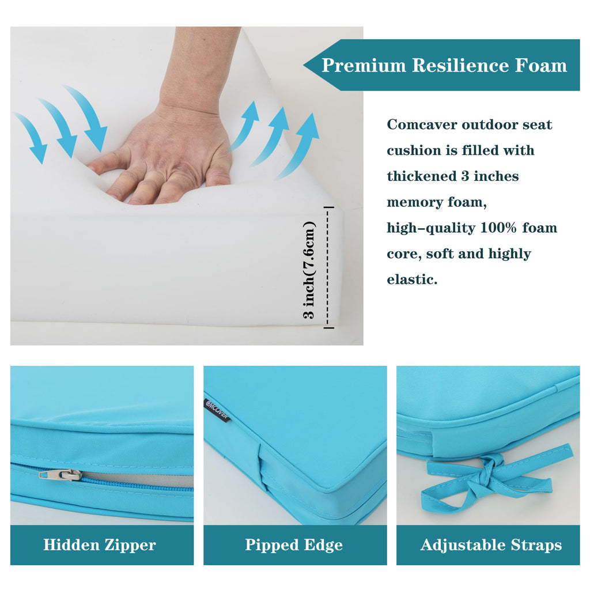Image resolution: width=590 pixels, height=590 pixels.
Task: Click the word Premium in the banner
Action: point(364,65)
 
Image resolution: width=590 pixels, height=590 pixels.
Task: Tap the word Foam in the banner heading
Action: point(540,65)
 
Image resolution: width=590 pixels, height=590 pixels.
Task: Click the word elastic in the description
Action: point(412,279)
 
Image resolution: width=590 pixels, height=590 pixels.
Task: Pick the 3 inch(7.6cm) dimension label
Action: point(309,270)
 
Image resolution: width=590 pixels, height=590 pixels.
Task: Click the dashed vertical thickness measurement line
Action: point(328,267)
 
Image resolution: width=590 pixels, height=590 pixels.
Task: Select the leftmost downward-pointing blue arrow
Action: point(32,138)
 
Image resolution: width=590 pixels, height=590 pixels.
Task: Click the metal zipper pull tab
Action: point(60,475)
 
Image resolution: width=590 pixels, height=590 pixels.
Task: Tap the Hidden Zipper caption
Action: point(100,545)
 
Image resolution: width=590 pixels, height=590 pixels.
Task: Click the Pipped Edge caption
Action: point(294,545)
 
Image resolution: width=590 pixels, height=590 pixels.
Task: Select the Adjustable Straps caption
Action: point(491,545)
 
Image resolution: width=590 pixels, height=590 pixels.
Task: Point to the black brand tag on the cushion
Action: point(217,410)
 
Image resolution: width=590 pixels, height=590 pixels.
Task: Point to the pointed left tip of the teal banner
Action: point(304,65)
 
